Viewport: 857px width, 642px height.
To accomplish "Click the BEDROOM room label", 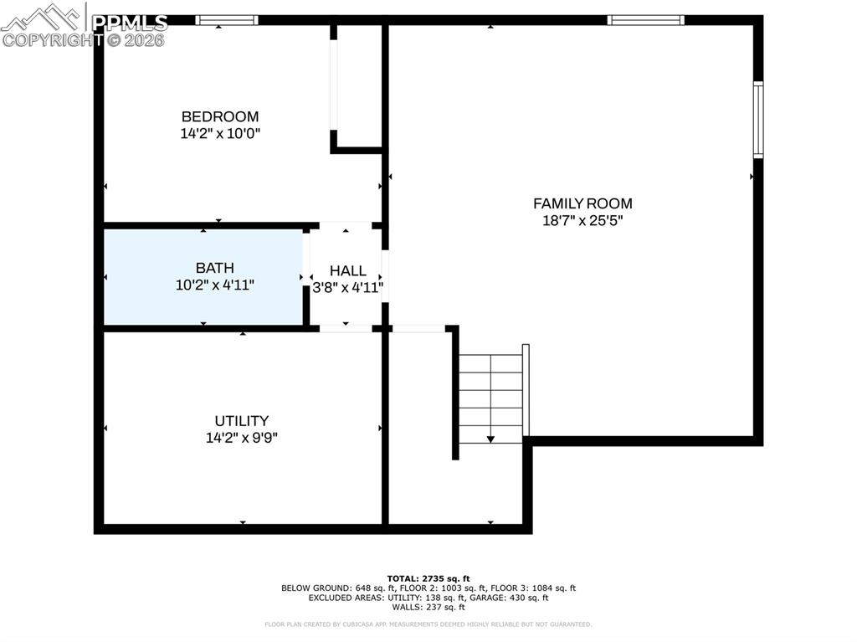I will pos(220,117).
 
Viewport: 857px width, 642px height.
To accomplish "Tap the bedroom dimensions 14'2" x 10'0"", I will pos(220,134).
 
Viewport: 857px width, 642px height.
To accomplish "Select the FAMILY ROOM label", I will pos(582,203).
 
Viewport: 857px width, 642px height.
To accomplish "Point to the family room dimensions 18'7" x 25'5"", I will pos(582,221).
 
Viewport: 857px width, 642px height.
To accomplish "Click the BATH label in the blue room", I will pos(214,268).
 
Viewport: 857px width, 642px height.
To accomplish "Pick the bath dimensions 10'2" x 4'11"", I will pos(214,285).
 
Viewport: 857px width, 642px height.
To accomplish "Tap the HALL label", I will pos(347,270).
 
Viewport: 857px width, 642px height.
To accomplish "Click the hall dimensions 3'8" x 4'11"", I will pos(347,287).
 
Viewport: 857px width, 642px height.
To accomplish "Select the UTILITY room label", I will pos(241,421).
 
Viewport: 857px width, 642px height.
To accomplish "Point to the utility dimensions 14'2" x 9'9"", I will pos(241,437).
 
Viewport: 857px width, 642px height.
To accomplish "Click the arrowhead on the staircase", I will pos(490,438).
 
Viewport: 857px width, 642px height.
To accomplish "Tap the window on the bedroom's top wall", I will pos(227,20).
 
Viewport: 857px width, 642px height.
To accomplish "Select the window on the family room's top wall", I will pos(645,20).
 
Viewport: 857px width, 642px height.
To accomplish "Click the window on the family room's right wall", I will pos(757,120).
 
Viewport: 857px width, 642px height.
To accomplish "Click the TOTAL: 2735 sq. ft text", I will pos(428,578).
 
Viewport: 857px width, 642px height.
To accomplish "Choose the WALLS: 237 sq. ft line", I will pos(428,607).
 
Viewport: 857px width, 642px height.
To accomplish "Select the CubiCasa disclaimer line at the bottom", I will pos(428,624).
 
